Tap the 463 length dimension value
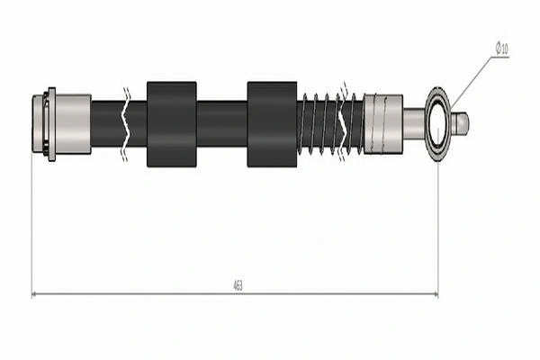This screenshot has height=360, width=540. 237,285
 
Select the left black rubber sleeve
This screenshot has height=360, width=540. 171,124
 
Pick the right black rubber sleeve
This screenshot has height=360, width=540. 272,124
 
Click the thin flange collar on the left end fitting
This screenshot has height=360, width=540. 51,124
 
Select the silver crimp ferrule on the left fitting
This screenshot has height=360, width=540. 73,124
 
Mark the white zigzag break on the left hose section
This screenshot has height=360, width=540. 128,124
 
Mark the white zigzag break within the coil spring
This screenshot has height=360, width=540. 342,123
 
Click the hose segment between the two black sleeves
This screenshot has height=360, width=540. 221,124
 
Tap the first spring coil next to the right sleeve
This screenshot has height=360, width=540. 303,124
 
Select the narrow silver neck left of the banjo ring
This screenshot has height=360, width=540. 413,123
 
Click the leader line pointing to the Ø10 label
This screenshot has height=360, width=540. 472,81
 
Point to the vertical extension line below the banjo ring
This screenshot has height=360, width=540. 438,225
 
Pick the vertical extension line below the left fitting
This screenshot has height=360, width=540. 32,225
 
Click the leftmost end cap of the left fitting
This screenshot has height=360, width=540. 39,124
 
